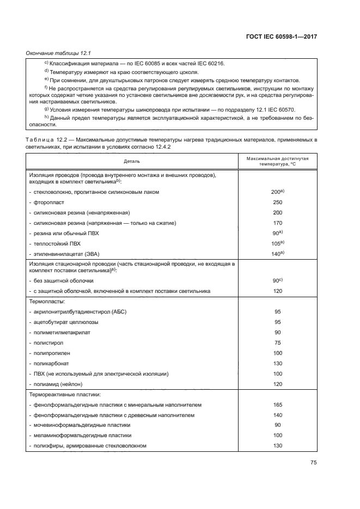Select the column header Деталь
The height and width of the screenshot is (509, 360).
(x=131, y=161)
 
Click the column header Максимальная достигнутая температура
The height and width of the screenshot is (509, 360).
(x=277, y=161)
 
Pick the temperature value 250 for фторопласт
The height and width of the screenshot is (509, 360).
(x=277, y=202)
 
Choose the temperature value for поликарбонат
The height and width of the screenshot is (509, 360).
(x=277, y=363)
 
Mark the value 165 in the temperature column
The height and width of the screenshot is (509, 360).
(x=277, y=404)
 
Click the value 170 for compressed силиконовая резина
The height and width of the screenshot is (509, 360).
(x=277, y=223)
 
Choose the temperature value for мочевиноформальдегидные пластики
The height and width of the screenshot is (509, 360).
(x=277, y=425)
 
